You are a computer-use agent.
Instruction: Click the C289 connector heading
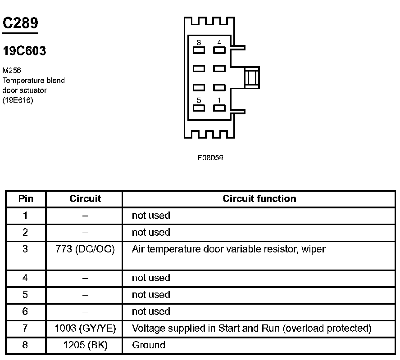[20, 23]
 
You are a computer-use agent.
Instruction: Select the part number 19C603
[24, 51]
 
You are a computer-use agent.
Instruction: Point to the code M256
[12, 70]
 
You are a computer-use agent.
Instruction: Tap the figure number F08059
[210, 157]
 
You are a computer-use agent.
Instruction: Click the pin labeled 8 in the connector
[199, 49]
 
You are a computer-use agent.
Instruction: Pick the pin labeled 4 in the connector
[219, 49]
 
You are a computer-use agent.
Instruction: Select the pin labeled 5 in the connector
[199, 108]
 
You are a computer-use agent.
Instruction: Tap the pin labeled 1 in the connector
[219, 108]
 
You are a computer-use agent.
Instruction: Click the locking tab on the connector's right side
[252, 77]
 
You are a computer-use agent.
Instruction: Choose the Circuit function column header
[259, 199]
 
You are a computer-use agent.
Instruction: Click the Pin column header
[26, 199]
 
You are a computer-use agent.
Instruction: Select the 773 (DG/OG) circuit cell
[85, 249]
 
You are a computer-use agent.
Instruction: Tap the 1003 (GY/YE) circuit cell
[85, 328]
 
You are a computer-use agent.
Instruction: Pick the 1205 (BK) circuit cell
[85, 345]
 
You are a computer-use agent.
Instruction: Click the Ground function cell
[149, 345]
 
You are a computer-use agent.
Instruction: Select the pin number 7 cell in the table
[25, 328]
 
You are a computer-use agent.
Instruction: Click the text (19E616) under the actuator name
[18, 100]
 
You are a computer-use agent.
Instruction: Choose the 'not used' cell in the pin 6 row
[151, 311]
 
